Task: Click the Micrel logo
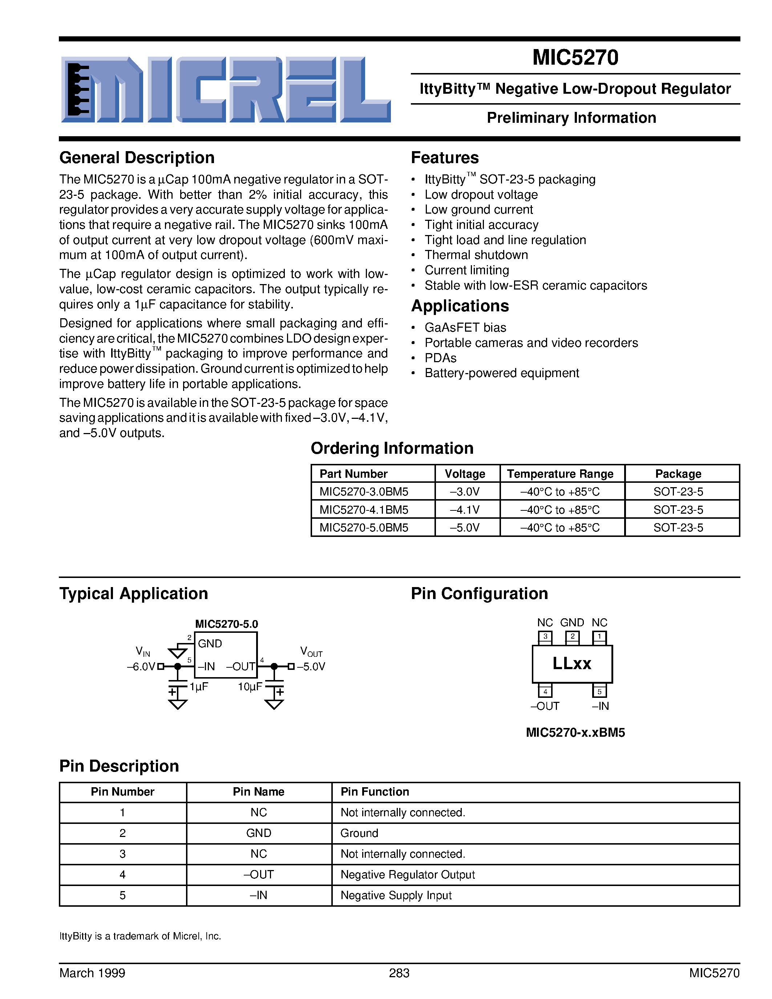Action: (x=226, y=90)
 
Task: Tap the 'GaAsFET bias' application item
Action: (x=465, y=328)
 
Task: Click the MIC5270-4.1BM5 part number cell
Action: (x=364, y=510)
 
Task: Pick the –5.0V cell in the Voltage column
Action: (x=465, y=527)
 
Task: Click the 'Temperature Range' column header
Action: (x=560, y=474)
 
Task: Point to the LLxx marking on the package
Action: (x=572, y=663)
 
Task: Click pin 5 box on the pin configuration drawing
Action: (x=599, y=691)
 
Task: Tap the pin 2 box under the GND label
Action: (x=572, y=636)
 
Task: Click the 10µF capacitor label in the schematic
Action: (x=250, y=687)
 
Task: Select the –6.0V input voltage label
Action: (x=141, y=667)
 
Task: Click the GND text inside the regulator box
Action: (x=210, y=644)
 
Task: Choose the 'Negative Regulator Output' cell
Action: (x=408, y=875)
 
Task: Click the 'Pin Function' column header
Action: (x=375, y=792)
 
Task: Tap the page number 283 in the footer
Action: (x=399, y=973)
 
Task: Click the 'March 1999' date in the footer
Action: (x=92, y=973)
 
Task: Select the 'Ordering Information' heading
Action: (x=392, y=448)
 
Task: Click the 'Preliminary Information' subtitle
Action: (x=571, y=118)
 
